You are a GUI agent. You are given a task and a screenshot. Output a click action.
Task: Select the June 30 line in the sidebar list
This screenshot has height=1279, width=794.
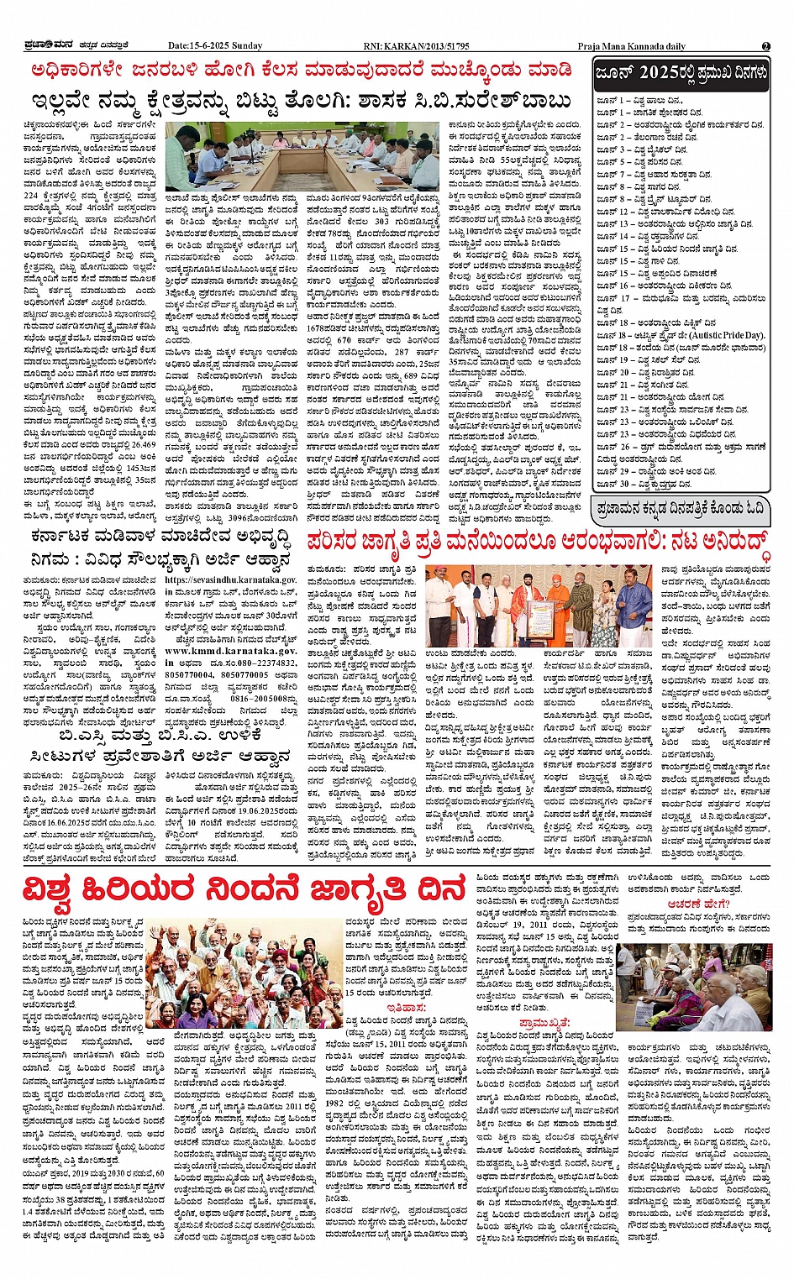[x=639, y=485]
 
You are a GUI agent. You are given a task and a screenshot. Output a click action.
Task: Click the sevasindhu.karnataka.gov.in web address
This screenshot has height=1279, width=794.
[x=230, y=579]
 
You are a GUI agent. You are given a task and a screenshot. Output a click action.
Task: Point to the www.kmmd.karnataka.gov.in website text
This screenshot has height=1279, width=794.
[x=230, y=650]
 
